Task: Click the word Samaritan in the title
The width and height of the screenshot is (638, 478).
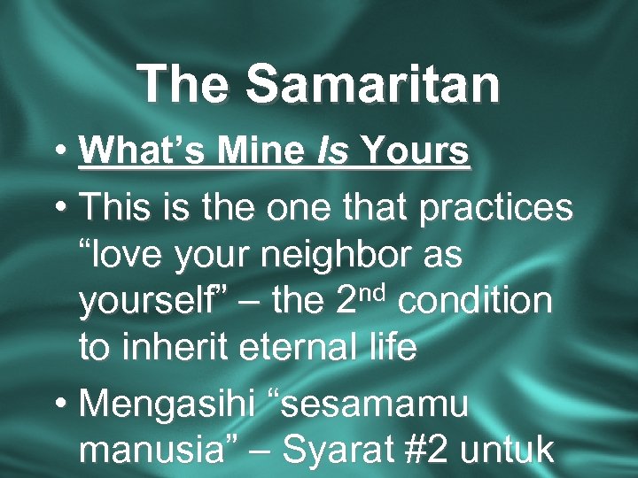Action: [372, 84]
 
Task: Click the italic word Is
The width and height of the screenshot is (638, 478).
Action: [331, 151]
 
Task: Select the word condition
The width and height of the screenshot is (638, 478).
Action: [475, 301]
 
